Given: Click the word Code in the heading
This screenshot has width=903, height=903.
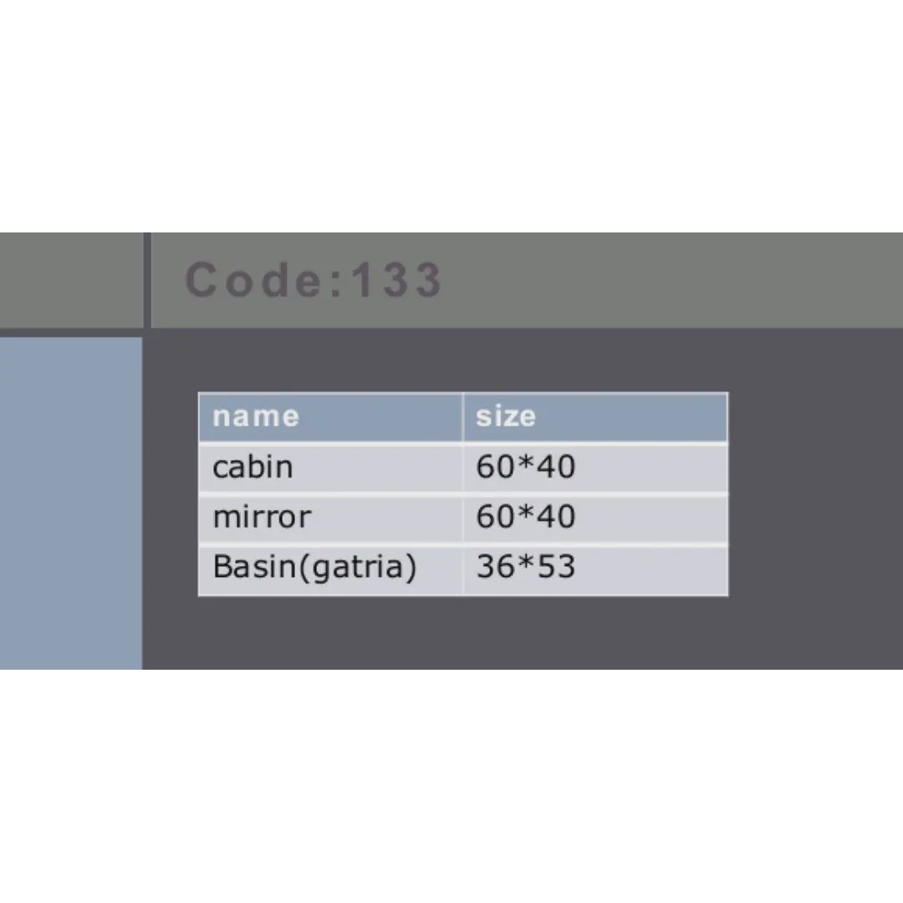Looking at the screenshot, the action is [x=254, y=280].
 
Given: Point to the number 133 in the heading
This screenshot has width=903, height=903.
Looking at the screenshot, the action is [x=397, y=280].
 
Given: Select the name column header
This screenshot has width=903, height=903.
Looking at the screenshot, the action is [x=256, y=416].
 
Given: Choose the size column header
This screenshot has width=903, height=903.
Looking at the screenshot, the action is [x=506, y=416].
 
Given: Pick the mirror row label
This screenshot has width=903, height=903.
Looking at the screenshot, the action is [x=262, y=516].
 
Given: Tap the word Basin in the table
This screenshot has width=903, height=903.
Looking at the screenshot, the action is [x=254, y=566].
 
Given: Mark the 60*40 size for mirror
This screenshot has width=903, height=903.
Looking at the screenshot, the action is [x=525, y=516].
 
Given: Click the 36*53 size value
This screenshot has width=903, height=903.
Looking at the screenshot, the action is [x=525, y=566].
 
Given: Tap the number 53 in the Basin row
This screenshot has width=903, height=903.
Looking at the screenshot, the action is [x=555, y=566].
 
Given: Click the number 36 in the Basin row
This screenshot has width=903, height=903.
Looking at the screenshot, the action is [x=495, y=566].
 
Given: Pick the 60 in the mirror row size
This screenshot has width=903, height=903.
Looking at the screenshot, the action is [x=495, y=516].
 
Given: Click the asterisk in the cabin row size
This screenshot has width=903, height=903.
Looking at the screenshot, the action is [x=525, y=462].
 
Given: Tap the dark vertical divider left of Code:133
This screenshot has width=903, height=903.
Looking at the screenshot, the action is [x=147, y=280].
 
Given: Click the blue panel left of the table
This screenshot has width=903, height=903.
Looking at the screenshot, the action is [x=71, y=503].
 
